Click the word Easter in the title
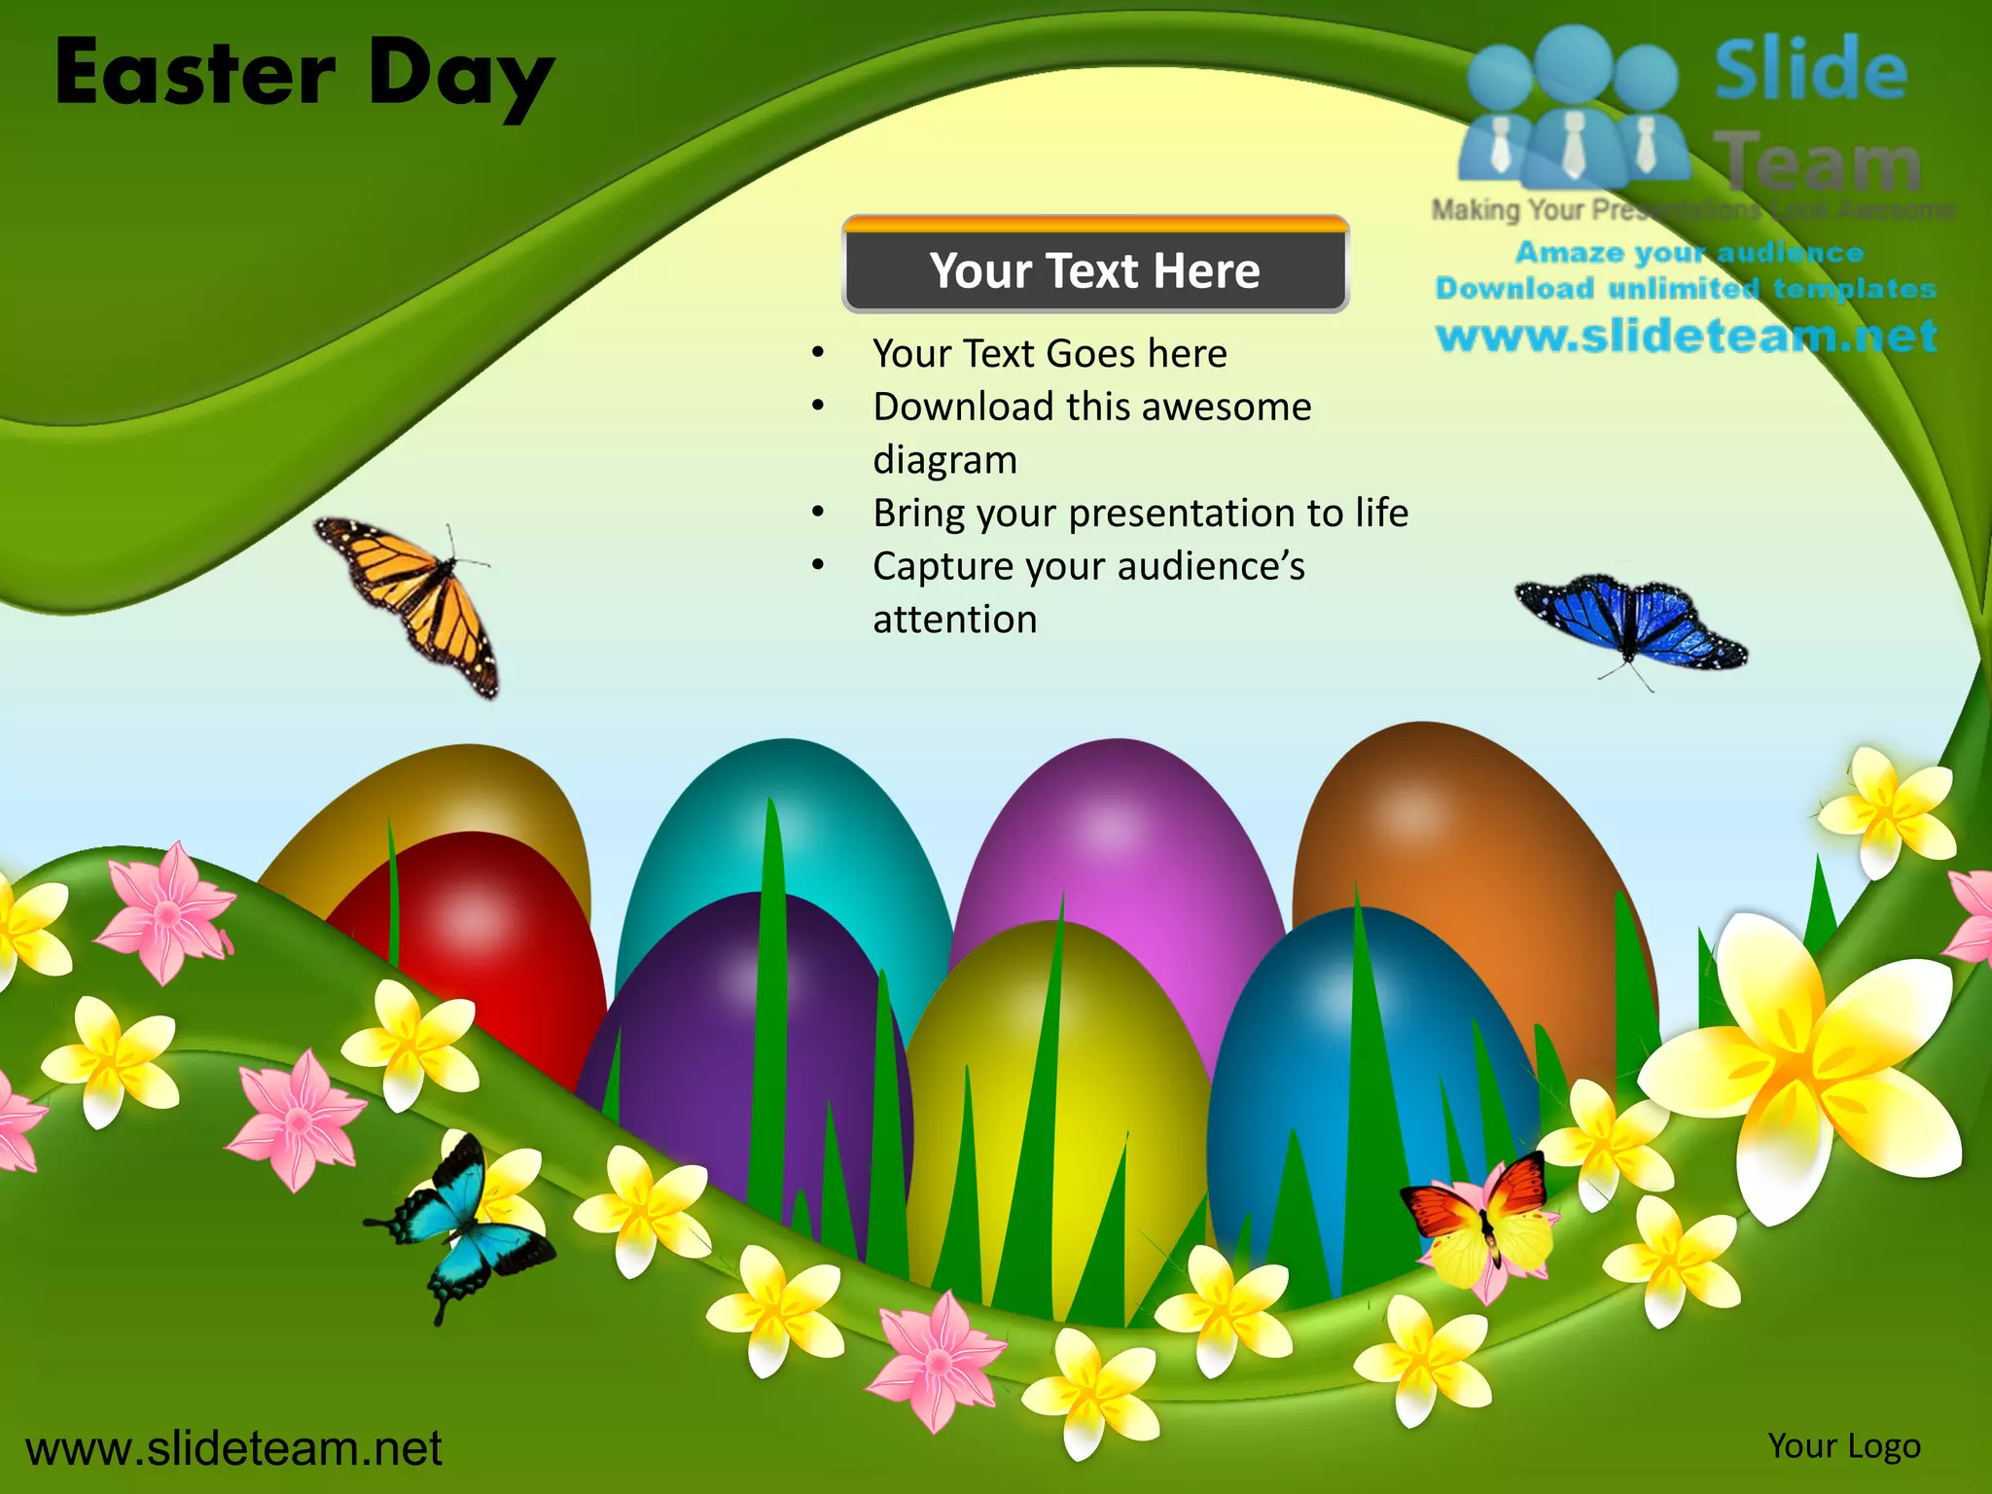click(196, 74)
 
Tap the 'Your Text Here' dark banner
click(1094, 270)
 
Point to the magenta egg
click(1119, 856)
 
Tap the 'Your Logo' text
click(1844, 1446)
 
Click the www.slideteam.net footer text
click(233, 1448)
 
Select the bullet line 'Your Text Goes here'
click(1049, 353)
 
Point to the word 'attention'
click(955, 620)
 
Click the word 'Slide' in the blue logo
click(1811, 70)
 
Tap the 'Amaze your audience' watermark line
click(1690, 253)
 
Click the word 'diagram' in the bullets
click(945, 460)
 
